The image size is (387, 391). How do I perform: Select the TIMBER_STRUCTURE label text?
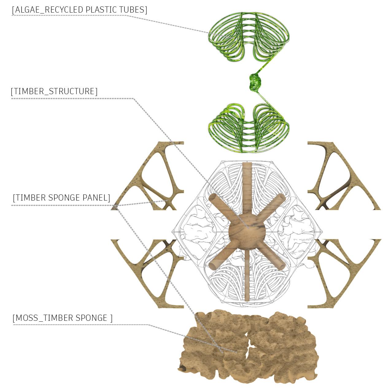[x=54, y=91]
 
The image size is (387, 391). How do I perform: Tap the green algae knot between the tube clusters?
[x=255, y=82]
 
